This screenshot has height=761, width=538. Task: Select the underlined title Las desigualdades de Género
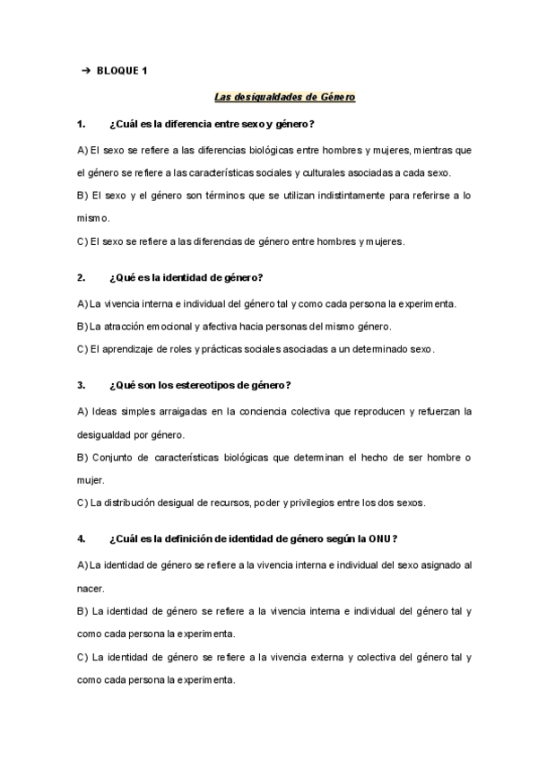[x=285, y=97]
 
